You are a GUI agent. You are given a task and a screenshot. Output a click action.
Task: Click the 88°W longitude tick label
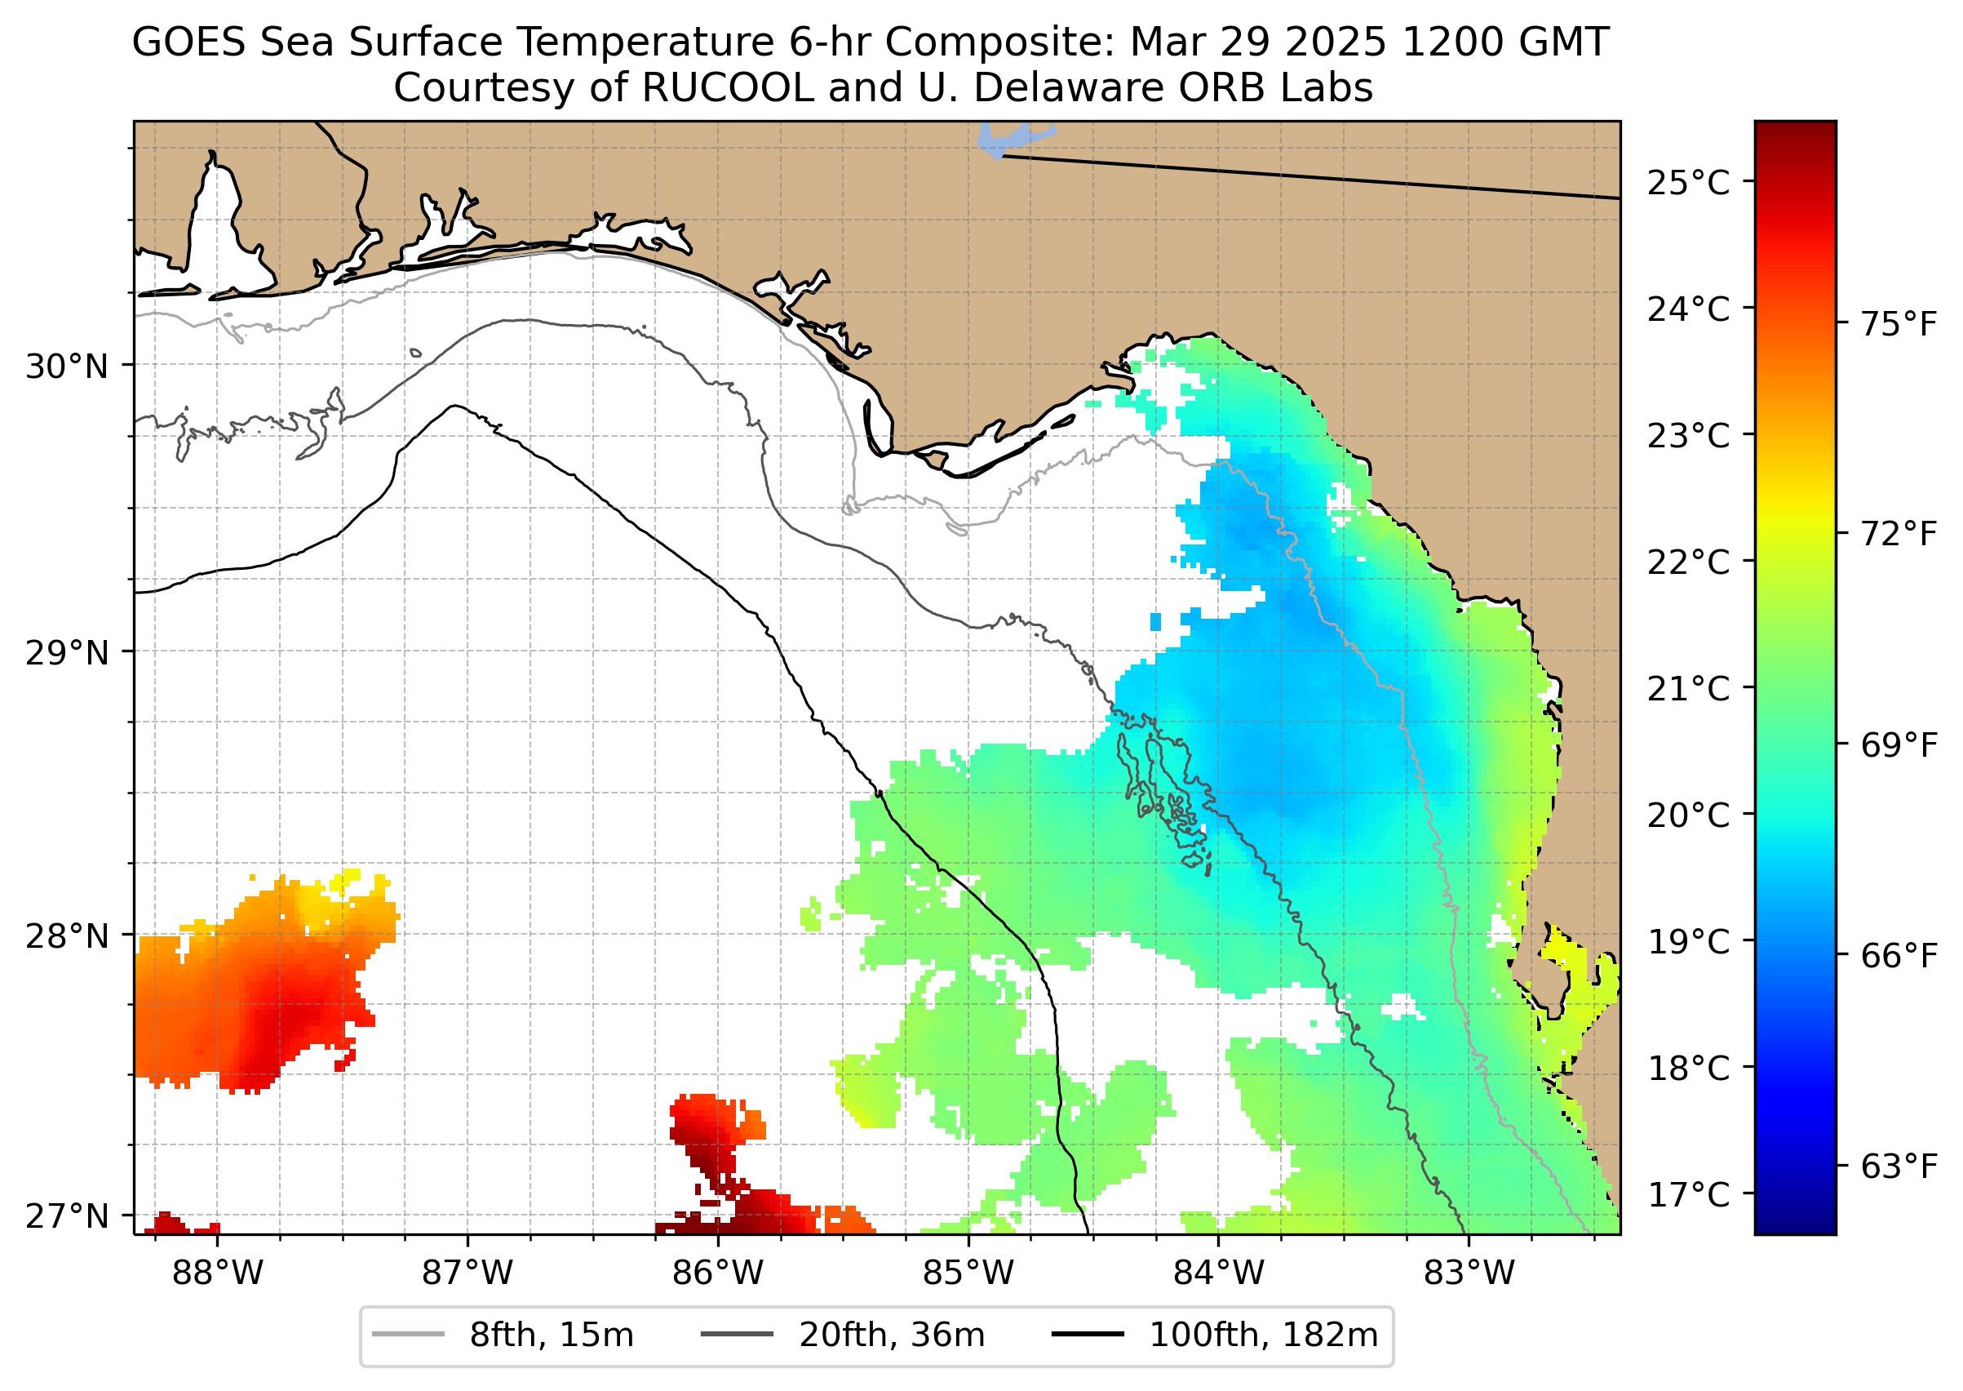(218, 1273)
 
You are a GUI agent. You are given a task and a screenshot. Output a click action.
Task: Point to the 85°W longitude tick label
(968, 1273)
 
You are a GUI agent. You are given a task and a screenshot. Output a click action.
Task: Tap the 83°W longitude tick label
(1469, 1273)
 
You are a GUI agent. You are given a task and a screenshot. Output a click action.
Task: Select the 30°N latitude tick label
(68, 367)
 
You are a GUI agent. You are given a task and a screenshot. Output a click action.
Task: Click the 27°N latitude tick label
(68, 1215)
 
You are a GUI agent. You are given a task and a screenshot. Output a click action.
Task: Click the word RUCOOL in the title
(727, 87)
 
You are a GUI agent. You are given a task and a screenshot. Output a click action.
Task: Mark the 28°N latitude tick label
(68, 936)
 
